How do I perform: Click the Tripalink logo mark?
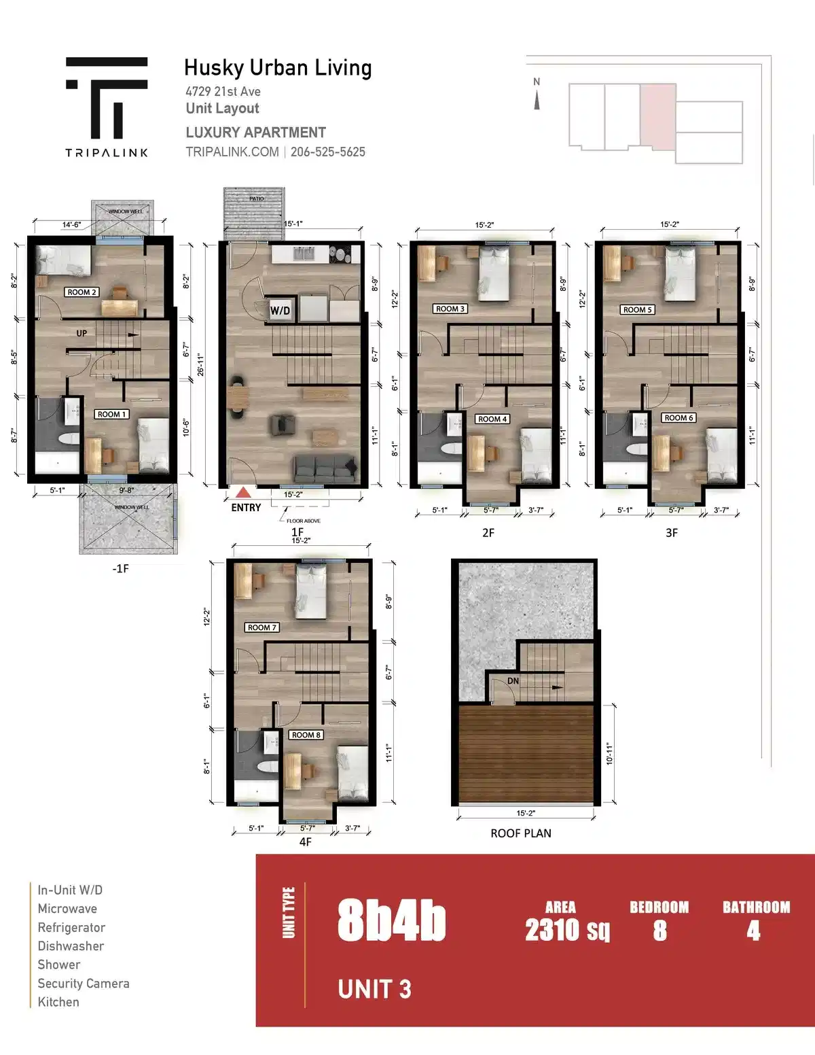tap(107, 97)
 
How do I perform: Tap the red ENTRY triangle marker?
tap(243, 492)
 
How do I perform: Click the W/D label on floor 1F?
tap(280, 311)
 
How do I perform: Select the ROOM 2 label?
tap(82, 292)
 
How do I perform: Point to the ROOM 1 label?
tap(111, 414)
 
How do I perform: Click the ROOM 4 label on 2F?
tap(492, 419)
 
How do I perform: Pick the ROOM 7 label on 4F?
tap(261, 627)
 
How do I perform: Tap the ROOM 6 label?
tap(678, 417)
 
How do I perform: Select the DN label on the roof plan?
tap(513, 680)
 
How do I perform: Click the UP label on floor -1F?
tap(81, 333)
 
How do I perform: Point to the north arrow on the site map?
tap(537, 101)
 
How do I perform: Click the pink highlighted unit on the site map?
tap(657, 116)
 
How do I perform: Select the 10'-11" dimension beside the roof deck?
tap(609, 754)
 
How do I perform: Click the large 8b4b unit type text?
tap(391, 921)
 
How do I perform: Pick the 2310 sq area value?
tap(567, 929)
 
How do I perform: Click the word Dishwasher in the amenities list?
tap(71, 946)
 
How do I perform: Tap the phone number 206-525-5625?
tap(328, 152)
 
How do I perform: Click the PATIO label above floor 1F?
tap(256, 198)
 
